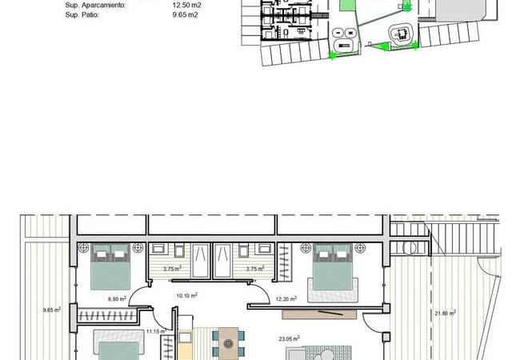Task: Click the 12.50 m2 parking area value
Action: pos(186,6)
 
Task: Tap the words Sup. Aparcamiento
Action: pos(95,6)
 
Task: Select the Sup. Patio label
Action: pos(82,15)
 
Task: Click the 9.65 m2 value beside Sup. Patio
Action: pos(185,15)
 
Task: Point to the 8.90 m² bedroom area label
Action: pos(117,299)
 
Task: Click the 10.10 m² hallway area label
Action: pos(187,295)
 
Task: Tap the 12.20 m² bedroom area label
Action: pos(286,299)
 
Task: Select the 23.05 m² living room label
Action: pos(289,338)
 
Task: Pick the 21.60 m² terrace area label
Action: pos(445,313)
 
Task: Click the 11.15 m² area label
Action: pos(156,331)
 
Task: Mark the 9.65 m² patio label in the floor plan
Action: pos(52,310)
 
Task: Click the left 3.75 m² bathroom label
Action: pos(172,269)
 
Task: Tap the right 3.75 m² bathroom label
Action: pos(255,269)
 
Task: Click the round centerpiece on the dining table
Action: pos(228,343)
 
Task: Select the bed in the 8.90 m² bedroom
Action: pos(110,267)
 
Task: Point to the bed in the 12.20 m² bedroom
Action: pos(333,267)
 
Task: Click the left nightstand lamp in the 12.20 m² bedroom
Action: pos(306,248)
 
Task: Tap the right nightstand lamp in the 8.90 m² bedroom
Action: pos(138,248)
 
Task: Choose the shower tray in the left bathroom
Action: pos(201,261)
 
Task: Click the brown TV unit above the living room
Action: pos(319,314)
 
